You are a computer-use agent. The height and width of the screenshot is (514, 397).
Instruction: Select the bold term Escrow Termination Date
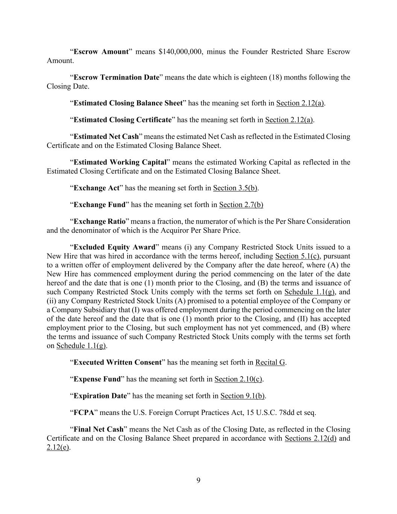(x=116, y=78)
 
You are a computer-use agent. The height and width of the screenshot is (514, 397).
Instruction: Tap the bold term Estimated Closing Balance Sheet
(x=128, y=103)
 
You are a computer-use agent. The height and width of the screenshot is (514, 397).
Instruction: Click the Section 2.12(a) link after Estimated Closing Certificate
(x=289, y=120)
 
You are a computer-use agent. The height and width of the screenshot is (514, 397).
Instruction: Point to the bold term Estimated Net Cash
(x=106, y=136)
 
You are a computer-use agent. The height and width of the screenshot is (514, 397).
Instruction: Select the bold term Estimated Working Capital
(x=120, y=162)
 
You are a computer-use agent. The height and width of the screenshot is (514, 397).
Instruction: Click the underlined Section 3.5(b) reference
(x=235, y=188)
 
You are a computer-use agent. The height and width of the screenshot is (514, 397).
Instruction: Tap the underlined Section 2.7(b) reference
(x=241, y=204)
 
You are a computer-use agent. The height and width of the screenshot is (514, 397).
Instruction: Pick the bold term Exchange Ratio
(x=99, y=221)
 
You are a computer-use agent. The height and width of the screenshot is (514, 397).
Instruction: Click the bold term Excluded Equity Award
(x=114, y=247)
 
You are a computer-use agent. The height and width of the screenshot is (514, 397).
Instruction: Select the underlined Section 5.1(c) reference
(x=297, y=256)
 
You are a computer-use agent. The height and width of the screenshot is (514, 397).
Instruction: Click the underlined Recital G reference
(x=270, y=362)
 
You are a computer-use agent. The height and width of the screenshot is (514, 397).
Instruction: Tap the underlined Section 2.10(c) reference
(x=238, y=379)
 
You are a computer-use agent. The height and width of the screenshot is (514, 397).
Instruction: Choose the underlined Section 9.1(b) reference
(x=242, y=396)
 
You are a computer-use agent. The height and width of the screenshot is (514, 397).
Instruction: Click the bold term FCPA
(x=84, y=412)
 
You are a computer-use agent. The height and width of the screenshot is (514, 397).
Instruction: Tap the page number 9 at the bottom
(x=198, y=480)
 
